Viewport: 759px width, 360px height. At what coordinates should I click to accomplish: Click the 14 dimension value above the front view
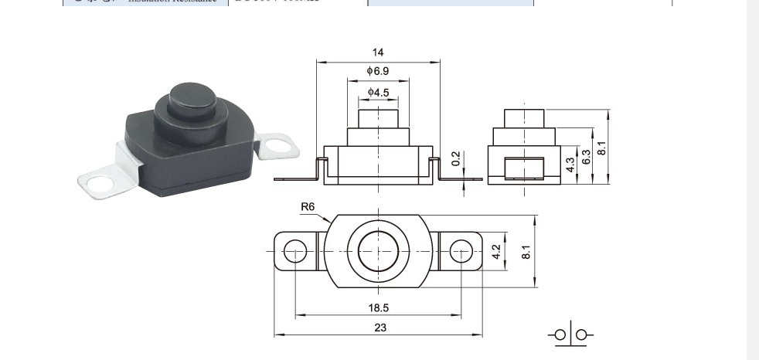(378, 53)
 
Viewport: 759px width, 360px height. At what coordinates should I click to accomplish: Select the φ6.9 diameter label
(378, 71)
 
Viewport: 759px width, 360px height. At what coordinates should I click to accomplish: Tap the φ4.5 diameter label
(378, 93)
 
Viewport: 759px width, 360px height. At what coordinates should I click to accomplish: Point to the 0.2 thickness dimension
(456, 159)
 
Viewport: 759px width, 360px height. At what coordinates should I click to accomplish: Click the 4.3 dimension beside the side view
(570, 164)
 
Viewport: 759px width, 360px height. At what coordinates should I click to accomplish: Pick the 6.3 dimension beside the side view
(587, 157)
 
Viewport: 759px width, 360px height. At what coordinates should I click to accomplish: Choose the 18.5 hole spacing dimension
(378, 307)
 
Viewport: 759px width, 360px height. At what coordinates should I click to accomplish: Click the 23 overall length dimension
(379, 328)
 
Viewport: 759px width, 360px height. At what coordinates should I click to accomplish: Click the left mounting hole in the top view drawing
(294, 251)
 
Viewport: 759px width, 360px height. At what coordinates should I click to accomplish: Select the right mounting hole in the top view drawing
(461, 251)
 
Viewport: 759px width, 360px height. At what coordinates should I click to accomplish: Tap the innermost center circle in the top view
(378, 251)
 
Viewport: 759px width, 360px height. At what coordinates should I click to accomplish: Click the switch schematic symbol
(570, 335)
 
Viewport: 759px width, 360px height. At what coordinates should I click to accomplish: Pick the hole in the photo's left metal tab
(97, 184)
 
